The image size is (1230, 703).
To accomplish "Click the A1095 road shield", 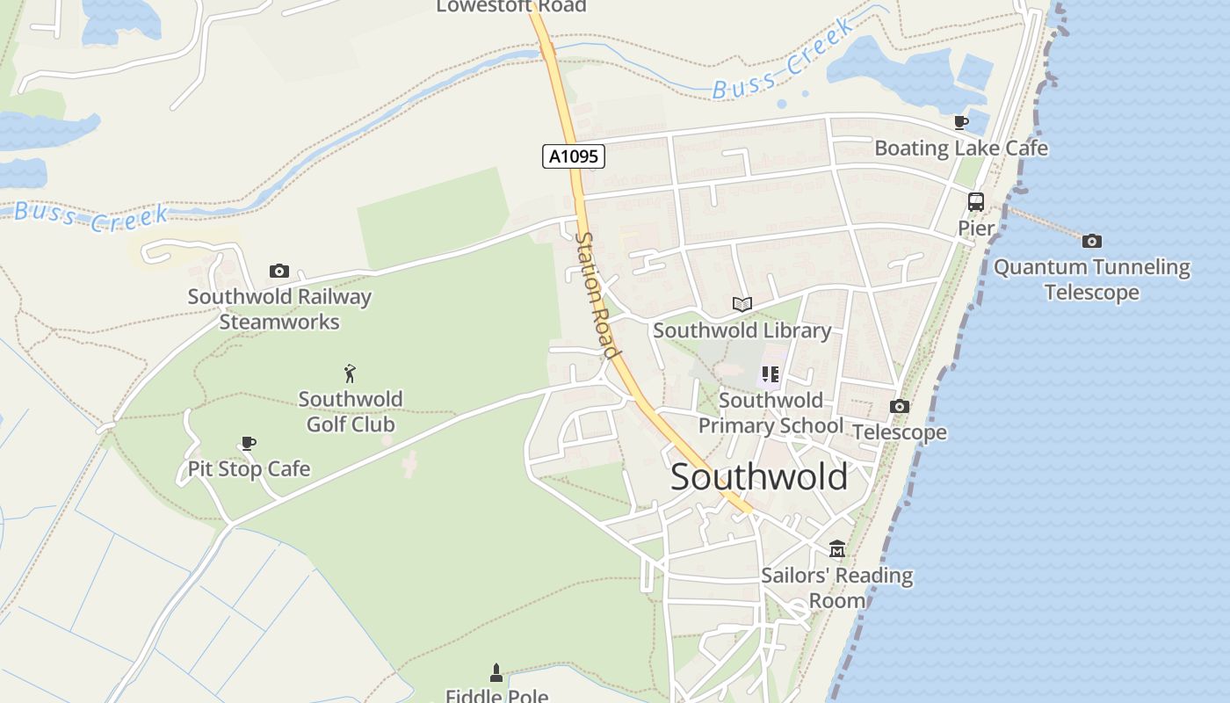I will click(574, 157).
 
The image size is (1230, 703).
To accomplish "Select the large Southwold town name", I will click(759, 477).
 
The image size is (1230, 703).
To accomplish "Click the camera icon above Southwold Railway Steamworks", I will click(279, 271).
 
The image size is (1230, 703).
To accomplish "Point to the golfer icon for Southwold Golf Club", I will click(350, 373).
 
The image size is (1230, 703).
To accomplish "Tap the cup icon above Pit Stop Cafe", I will click(249, 443).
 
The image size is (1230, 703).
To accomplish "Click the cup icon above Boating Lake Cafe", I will click(961, 122).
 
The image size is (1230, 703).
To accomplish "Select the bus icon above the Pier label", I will click(975, 202).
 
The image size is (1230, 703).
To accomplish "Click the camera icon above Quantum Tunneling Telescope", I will click(1092, 241).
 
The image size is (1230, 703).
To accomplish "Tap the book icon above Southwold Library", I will click(742, 304).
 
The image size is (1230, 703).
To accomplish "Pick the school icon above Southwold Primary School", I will click(771, 374).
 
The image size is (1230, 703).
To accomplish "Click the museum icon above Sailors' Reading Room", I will click(837, 549).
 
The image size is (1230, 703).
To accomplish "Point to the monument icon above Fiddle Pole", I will click(496, 673).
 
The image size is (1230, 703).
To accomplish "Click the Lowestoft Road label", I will click(511, 7).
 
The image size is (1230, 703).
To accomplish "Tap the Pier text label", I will click(976, 228).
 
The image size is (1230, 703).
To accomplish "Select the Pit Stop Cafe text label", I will click(249, 469).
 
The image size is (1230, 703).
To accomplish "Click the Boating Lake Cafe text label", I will click(961, 149).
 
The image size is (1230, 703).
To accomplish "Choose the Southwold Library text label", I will click(742, 330).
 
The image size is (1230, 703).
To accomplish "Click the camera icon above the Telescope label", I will click(900, 406).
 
